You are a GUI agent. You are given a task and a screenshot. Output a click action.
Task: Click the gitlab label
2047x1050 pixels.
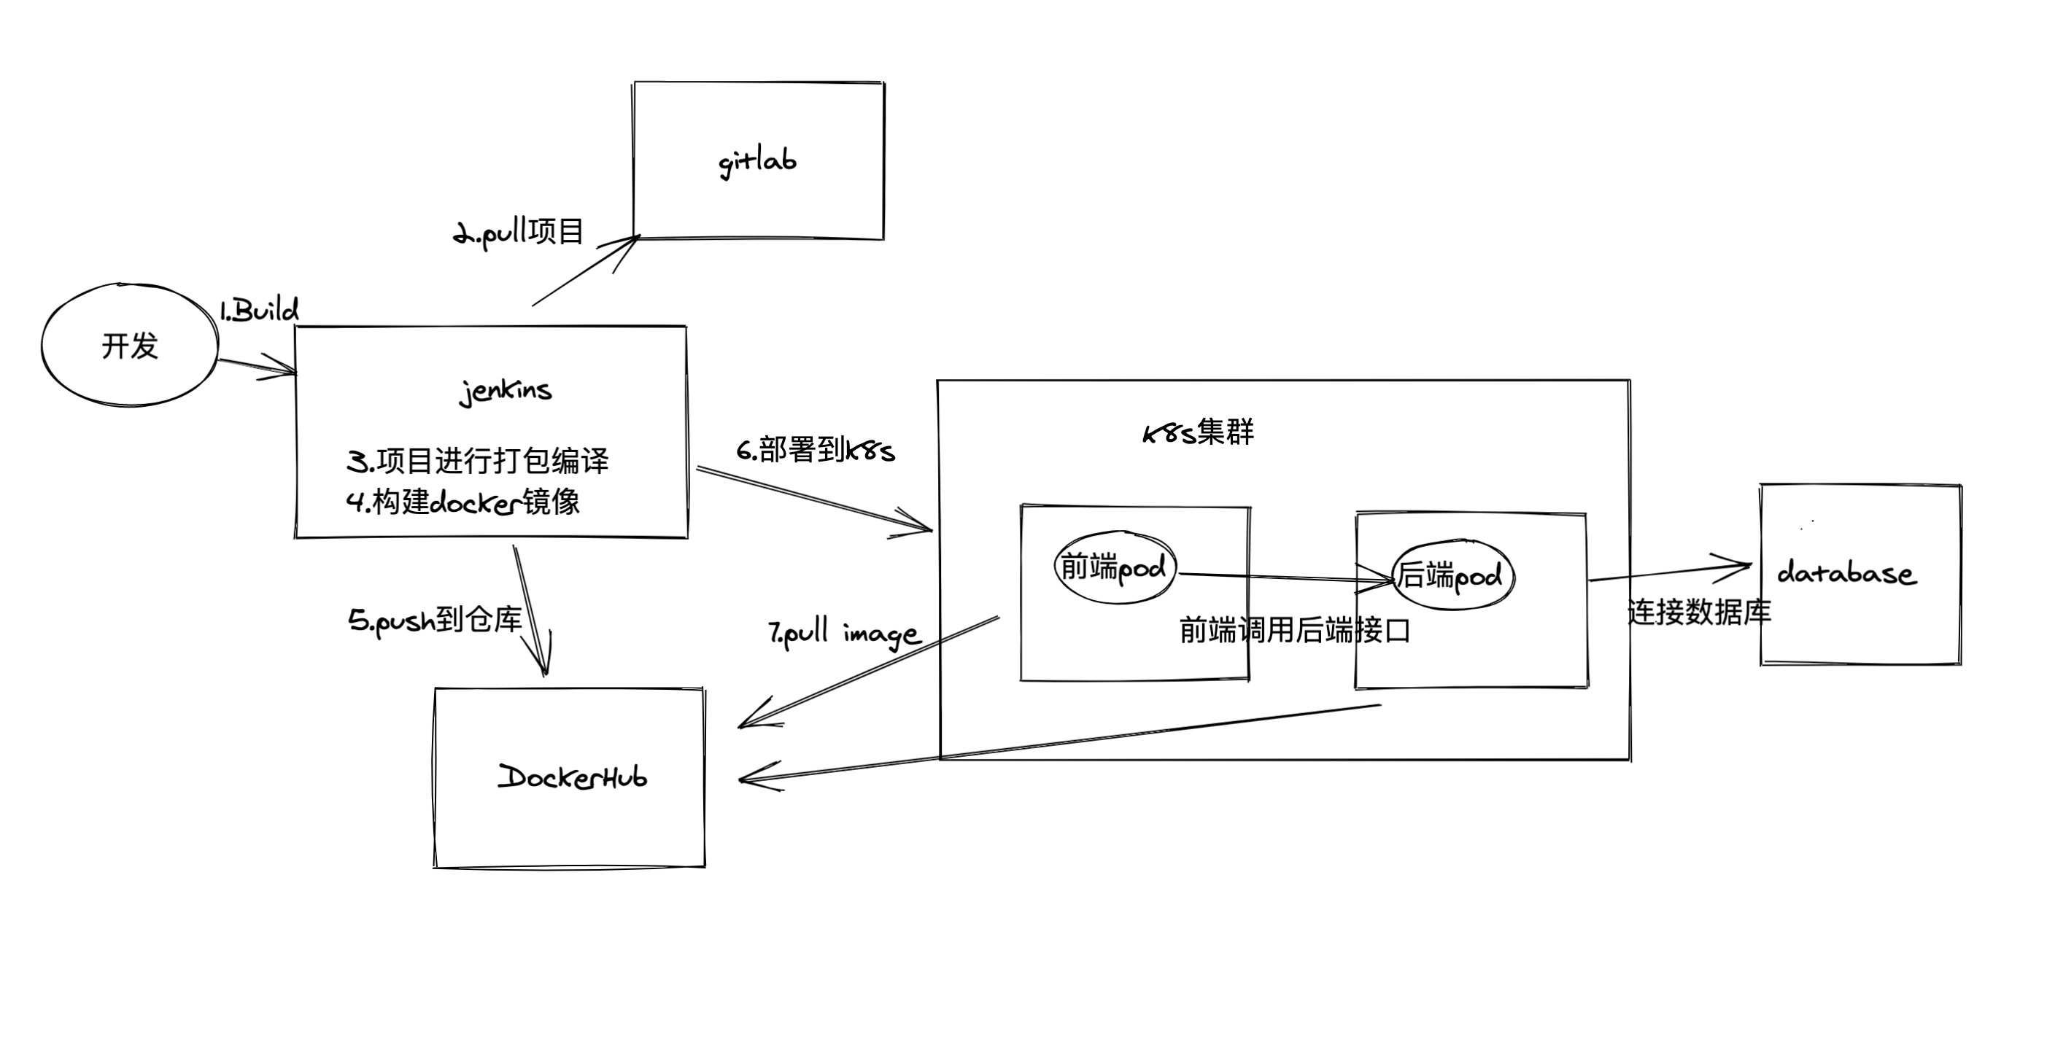tap(756, 162)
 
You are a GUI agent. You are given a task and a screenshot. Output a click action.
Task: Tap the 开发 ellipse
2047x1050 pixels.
tap(130, 346)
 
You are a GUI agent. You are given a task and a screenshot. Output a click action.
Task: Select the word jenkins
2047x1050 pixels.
tap(506, 391)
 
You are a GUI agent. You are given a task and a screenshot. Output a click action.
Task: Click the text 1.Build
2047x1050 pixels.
tap(259, 310)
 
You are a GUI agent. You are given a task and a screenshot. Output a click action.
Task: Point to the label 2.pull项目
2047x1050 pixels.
tap(519, 233)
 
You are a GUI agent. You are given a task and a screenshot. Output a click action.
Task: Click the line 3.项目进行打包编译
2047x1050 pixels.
tap(478, 461)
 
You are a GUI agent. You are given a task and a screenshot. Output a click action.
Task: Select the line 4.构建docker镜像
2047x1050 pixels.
tap(463, 502)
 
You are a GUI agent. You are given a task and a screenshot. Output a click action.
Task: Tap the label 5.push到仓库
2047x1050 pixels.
tap(435, 621)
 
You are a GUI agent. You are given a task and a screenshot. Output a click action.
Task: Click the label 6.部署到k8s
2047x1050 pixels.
tap(816, 451)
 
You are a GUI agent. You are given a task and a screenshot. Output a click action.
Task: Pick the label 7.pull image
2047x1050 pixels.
tap(844, 634)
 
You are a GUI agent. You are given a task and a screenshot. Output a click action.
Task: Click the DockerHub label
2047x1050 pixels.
tap(572, 777)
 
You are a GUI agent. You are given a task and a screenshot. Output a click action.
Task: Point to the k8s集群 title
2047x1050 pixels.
tap(1198, 433)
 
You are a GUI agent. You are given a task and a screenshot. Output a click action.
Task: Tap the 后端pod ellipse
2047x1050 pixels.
tap(1452, 576)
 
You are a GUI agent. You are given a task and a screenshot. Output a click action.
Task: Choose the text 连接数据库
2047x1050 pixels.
tap(1699, 612)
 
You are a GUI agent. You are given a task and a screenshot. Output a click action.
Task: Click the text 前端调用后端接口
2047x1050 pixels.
tap(1294, 631)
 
